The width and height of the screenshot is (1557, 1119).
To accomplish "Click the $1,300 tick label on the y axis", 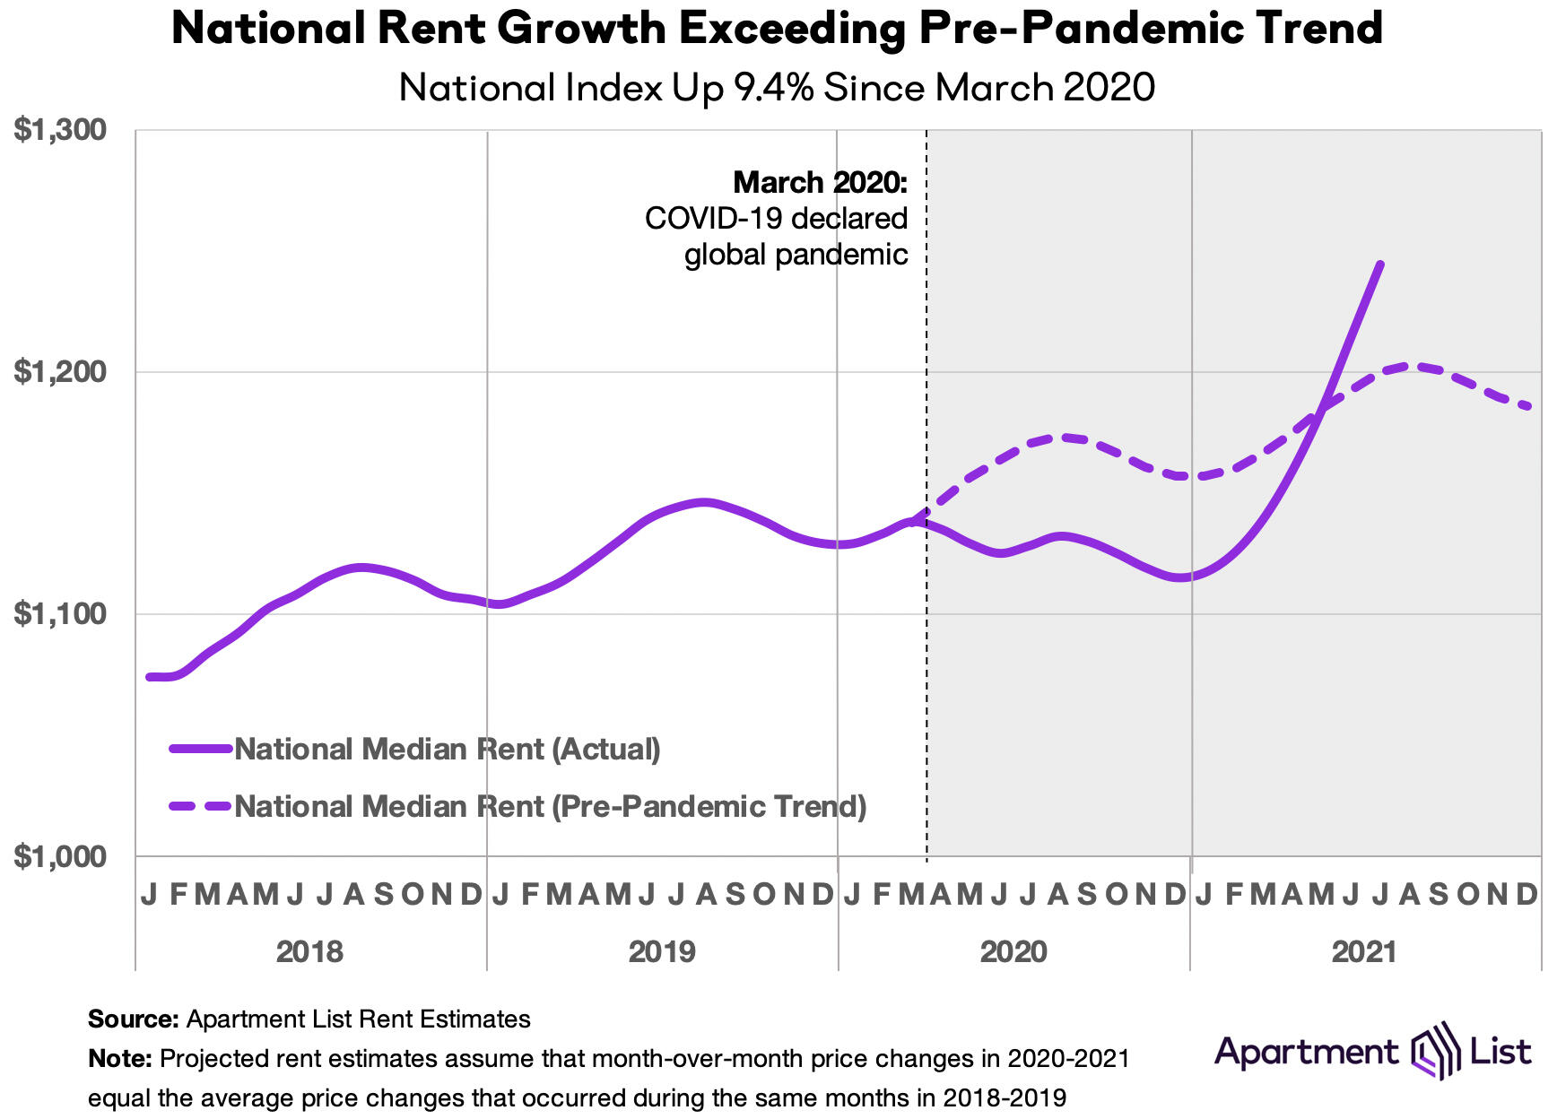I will [x=60, y=131].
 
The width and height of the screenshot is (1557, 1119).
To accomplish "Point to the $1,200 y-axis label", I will [x=60, y=371].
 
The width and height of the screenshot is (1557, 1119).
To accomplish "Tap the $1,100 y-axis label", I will [x=60, y=614].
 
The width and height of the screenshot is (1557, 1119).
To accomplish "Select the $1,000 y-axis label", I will [x=60, y=856].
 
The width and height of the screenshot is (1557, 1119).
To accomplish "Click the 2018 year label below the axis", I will [x=309, y=951].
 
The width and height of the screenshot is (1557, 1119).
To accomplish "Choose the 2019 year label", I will [x=662, y=951].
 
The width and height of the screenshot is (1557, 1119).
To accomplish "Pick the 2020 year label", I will [x=1013, y=951].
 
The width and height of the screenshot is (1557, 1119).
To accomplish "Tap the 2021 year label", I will [x=1364, y=951].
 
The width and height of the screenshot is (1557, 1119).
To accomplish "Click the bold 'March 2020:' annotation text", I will [x=820, y=183].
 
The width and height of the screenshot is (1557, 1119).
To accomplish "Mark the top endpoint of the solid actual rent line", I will [x=1380, y=264].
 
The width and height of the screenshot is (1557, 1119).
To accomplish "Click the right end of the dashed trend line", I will [x=1529, y=407].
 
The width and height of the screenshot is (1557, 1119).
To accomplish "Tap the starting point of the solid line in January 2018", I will [x=149, y=677].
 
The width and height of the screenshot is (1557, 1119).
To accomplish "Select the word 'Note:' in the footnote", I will [x=120, y=1059].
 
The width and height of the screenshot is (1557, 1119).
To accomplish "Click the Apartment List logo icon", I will [x=1431, y=1050].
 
